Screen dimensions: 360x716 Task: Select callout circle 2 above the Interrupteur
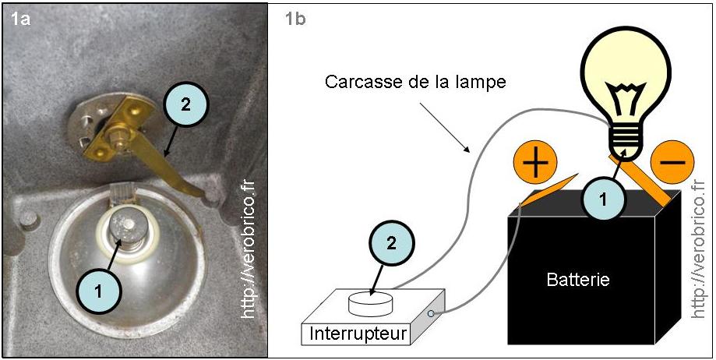(x=391, y=242)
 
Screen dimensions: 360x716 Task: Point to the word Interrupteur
(x=358, y=334)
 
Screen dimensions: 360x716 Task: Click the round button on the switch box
(x=372, y=299)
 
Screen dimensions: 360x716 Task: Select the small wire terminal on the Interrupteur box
(x=431, y=313)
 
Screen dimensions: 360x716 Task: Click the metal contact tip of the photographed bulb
(x=125, y=226)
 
